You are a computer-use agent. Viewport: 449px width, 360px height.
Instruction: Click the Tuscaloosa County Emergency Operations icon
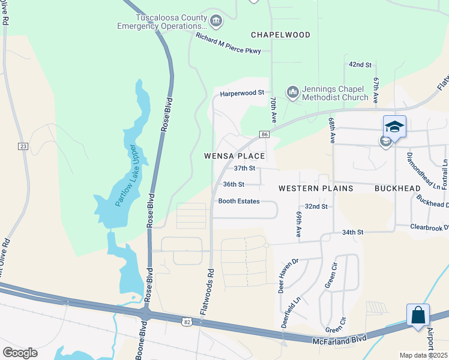216,22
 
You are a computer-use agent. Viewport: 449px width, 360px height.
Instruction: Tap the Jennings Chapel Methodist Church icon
293,92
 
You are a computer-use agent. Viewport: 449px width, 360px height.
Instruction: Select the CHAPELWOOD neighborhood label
280,35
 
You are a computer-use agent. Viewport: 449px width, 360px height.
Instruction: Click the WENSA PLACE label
235,156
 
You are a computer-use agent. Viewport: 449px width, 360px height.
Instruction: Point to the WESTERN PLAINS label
315,188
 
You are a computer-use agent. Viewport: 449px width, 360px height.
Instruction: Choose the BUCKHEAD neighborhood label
397,188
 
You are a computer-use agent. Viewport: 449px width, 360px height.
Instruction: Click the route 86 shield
264,134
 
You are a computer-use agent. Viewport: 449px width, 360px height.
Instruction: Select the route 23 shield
23,146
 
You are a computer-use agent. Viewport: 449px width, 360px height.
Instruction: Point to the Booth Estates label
239,202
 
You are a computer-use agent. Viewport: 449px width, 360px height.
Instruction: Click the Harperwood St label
242,93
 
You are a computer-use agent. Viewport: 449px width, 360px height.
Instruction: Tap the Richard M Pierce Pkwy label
228,44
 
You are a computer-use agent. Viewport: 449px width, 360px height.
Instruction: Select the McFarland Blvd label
339,340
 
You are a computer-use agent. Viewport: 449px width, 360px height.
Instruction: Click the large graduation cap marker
394,127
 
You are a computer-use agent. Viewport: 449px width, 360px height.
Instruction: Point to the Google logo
20,353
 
